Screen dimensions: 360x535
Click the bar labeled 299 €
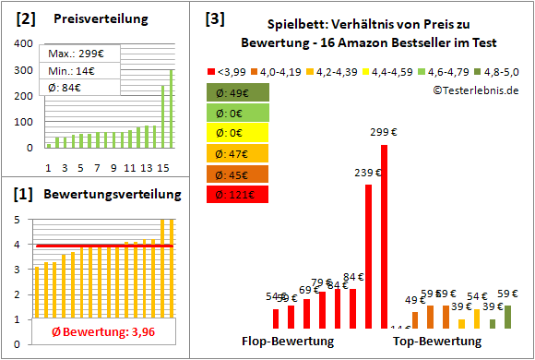pyautogui.click(x=384, y=237)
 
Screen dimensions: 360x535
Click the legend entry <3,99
pyautogui.click(x=226, y=70)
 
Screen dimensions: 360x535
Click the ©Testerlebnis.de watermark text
pyautogui.click(x=475, y=90)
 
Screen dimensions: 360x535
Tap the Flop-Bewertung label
pyautogui.click(x=288, y=341)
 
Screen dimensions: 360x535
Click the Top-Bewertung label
pyautogui.click(x=437, y=341)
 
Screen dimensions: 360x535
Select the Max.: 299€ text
pyautogui.click(x=73, y=53)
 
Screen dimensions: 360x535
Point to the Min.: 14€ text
pyautogui.click(x=70, y=70)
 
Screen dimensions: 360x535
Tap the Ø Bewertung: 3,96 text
pyautogui.click(x=96, y=331)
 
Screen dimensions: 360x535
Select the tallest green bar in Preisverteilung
pyautogui.click(x=170, y=108)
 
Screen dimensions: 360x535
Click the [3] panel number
pyautogui.click(x=214, y=18)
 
